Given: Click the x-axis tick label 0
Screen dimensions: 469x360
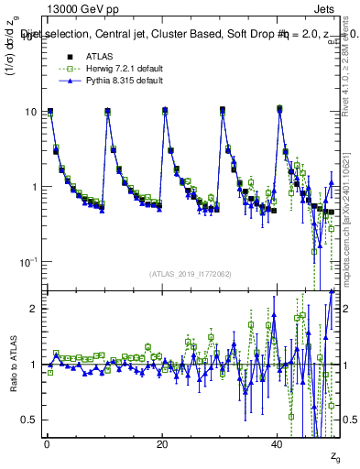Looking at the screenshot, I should pyautogui.click(x=46, y=444).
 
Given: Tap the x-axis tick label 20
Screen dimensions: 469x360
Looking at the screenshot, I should pyautogui.click(x=161, y=444).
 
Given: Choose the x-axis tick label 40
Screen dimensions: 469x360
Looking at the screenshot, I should pyautogui.click(x=277, y=444).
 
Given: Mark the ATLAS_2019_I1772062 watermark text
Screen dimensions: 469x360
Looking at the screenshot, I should pyautogui.click(x=191, y=273).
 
